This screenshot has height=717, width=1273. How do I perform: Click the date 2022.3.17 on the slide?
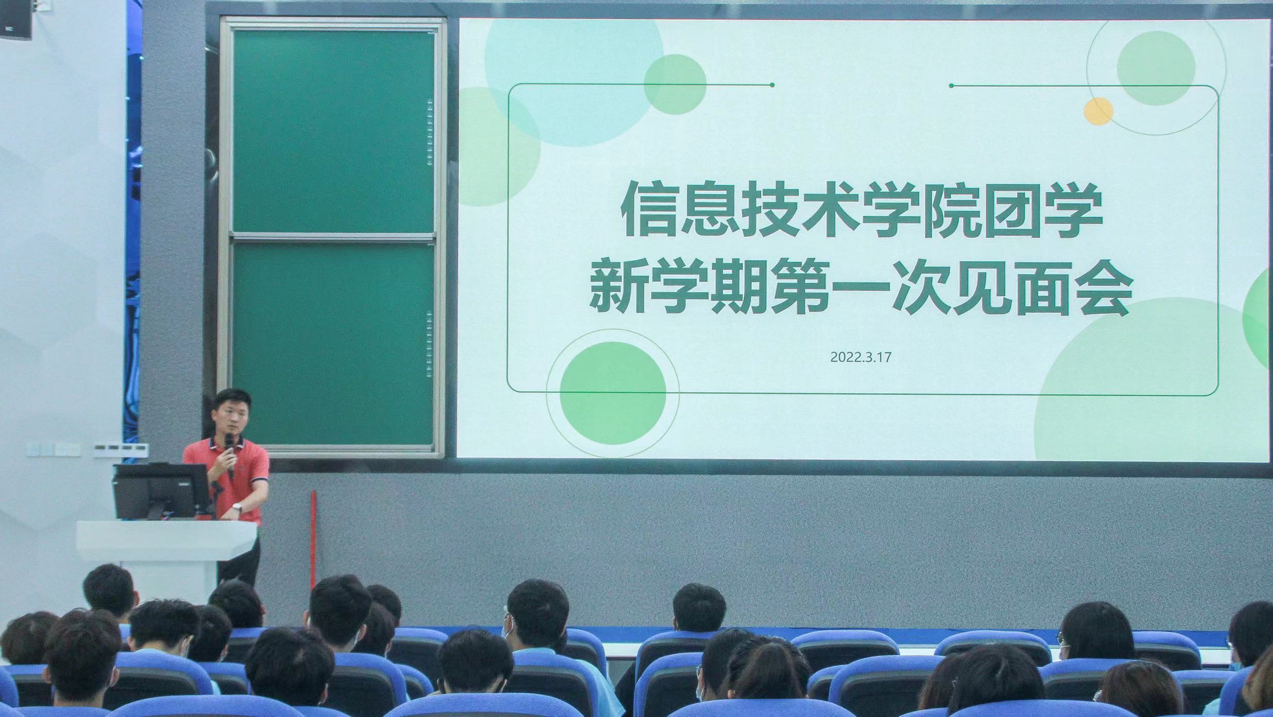click(x=861, y=357)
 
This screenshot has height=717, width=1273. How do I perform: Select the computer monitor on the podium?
click(x=161, y=491)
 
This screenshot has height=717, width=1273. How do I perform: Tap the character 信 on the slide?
click(x=649, y=213)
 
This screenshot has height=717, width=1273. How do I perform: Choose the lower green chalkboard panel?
click(x=333, y=344)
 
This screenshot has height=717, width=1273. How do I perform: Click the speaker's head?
click(x=233, y=411)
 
